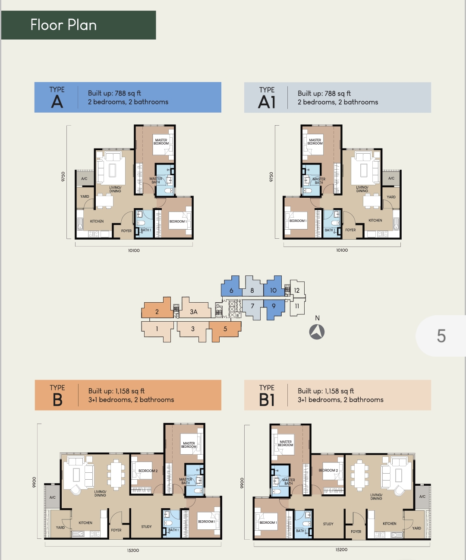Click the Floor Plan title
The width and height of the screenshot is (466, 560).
coord(63,25)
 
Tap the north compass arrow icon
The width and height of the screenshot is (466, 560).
coord(317,332)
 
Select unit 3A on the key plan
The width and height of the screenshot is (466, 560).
coord(194,312)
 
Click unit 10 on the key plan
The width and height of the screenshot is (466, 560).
coord(273,290)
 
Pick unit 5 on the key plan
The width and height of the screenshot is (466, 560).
coord(225,329)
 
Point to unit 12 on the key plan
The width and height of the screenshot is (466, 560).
coord(297,290)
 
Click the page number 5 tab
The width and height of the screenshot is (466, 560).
coord(441,336)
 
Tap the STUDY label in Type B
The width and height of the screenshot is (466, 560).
coord(146,527)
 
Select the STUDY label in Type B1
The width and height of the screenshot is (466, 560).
coord(328,524)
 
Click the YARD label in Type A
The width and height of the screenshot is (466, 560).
coord(85,196)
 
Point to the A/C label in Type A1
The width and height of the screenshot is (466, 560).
coord(391,178)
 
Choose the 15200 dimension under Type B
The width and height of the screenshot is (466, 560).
coord(133,551)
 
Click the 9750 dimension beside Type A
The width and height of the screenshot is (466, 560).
coord(63,177)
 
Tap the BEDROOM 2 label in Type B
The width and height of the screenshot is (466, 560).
coord(148,471)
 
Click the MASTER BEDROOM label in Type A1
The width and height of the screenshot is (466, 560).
coord(315,142)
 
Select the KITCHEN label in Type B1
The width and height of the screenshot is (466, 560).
coord(389,523)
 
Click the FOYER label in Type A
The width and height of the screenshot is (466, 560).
coord(126,231)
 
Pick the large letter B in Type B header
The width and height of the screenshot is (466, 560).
coord(57,400)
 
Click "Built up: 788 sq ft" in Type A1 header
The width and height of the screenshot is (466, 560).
coord(324,93)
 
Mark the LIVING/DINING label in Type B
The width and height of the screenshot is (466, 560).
coord(100,493)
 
